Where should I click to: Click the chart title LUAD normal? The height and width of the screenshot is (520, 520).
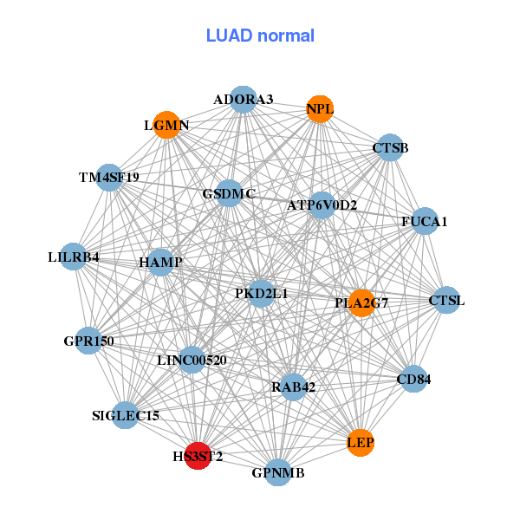(x=260, y=36)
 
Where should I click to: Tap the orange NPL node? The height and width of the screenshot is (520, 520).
(x=320, y=109)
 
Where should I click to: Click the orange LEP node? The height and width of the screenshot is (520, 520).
(x=361, y=443)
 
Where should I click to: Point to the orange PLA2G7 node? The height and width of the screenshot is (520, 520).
(x=361, y=303)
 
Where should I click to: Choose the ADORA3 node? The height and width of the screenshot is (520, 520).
(x=244, y=100)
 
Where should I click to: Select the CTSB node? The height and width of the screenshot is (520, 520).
(x=390, y=148)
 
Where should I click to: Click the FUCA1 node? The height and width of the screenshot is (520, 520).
(x=425, y=222)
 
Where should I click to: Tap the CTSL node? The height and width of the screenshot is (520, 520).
(x=446, y=301)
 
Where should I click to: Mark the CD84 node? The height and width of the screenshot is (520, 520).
(x=413, y=379)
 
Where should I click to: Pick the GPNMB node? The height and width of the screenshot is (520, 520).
(x=277, y=472)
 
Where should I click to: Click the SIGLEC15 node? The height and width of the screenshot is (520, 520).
(x=126, y=416)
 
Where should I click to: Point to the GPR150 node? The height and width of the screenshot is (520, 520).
(x=89, y=341)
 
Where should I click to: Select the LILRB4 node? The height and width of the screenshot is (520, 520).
(x=74, y=257)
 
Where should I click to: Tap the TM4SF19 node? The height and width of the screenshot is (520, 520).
(x=108, y=178)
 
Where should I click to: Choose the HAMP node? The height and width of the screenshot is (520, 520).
(x=160, y=261)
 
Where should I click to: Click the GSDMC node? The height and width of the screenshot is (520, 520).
(x=229, y=194)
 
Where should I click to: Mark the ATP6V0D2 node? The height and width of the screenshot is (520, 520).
(x=322, y=205)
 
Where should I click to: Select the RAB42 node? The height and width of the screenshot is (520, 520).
(x=293, y=387)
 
